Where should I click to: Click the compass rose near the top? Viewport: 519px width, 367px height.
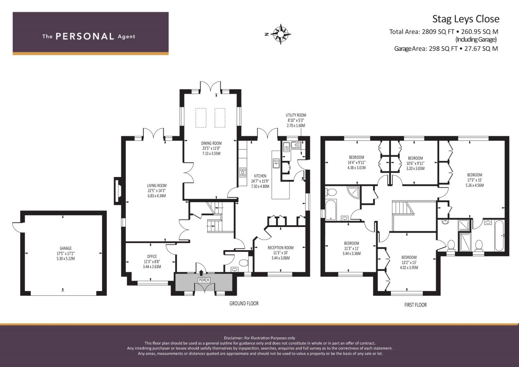tap(281, 34)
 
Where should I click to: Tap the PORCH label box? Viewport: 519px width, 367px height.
tap(204, 280)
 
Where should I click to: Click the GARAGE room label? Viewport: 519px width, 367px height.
tap(66, 248)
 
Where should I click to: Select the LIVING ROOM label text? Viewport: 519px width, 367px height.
tap(157, 185)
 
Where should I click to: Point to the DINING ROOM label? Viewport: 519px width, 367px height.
tap(211, 143)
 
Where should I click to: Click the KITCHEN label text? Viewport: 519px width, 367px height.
tap(260, 176)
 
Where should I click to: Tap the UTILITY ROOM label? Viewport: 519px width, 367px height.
tap(296, 115)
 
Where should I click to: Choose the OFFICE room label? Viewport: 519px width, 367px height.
tap(152, 256)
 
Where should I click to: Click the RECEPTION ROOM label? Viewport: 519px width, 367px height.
tap(280, 248)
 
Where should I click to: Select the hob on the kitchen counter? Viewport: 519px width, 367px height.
tap(243, 173)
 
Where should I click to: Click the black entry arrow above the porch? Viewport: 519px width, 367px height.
tap(201, 273)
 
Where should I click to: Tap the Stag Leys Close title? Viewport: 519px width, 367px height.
tap(466, 19)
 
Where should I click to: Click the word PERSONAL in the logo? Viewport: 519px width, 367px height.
tap(85, 36)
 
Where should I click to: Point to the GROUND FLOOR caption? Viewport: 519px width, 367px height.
tap(244, 303)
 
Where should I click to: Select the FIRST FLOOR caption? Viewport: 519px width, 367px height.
tap(415, 305)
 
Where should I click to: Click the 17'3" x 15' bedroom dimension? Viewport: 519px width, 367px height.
tap(474, 180)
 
